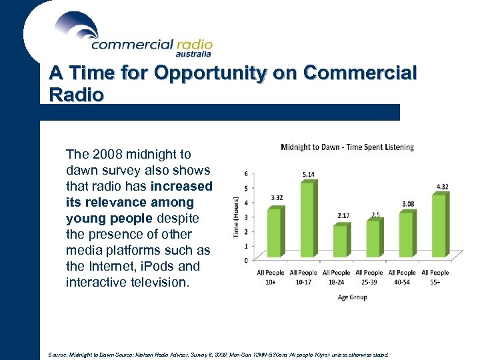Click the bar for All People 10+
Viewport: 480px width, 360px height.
tap(274, 233)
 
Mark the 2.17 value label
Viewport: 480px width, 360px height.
tap(343, 216)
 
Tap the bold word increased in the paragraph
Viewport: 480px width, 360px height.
tap(181, 186)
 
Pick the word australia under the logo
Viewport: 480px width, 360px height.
tap(193, 54)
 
